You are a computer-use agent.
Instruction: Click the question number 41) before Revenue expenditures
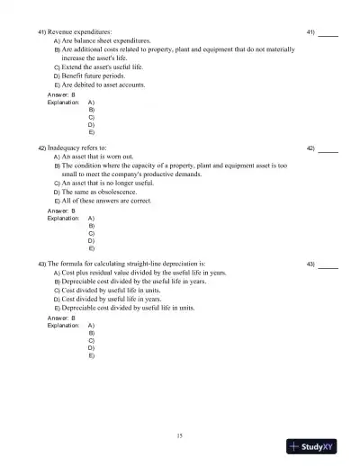tap(42, 32)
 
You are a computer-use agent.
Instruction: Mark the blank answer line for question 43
tap(328, 266)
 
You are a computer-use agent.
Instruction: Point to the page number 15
tap(180, 435)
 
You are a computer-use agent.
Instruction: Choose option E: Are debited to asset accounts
tap(110, 85)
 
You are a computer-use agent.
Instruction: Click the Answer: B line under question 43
tap(60, 318)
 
